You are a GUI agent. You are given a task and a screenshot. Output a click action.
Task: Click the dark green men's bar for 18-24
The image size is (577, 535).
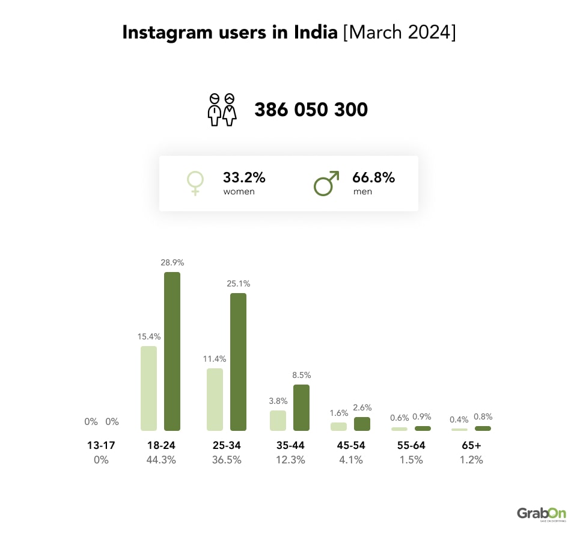[x=172, y=351]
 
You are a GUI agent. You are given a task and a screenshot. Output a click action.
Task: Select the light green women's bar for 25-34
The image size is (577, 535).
[x=215, y=400]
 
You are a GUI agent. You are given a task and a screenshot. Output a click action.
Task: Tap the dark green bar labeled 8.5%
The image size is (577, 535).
[x=301, y=408]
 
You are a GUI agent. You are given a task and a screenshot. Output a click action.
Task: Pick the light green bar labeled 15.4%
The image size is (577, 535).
[x=148, y=388]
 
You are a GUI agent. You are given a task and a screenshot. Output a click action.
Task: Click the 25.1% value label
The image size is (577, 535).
[x=238, y=283]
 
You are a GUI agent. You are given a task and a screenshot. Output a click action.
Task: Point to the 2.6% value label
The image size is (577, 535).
[x=362, y=407]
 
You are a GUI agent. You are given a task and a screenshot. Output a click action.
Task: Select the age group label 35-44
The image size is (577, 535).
[x=290, y=446]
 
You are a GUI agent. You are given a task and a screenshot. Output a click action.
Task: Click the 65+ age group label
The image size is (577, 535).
[x=471, y=446]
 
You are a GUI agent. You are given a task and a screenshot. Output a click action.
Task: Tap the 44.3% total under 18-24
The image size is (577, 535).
[x=160, y=460]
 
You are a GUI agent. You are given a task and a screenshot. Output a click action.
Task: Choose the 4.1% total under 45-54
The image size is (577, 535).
[x=350, y=460]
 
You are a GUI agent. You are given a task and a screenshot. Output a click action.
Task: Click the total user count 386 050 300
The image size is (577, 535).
[x=311, y=110]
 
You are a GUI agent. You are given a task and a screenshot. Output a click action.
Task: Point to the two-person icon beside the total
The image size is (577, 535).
[x=222, y=110]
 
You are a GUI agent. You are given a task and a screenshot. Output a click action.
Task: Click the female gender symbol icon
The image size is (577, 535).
[x=195, y=183]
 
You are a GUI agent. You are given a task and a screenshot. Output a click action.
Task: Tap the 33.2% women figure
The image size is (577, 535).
[x=244, y=178]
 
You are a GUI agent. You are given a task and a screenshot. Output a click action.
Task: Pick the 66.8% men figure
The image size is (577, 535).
[x=373, y=178]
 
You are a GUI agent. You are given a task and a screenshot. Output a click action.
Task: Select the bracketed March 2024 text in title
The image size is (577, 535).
[x=399, y=32]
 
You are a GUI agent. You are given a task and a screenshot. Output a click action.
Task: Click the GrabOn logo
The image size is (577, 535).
[x=541, y=513]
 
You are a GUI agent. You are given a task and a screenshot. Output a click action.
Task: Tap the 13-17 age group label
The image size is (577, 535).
[x=100, y=446]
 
